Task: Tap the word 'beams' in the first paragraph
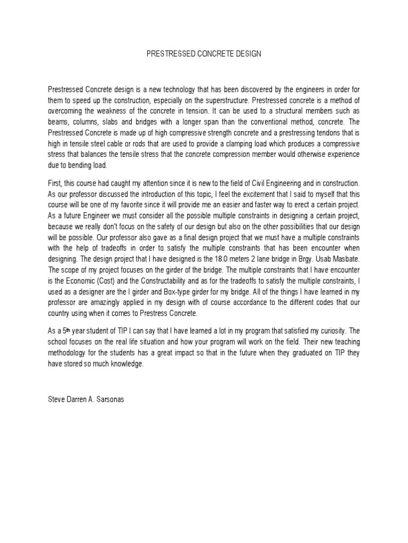pyautogui.click(x=58, y=121)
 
